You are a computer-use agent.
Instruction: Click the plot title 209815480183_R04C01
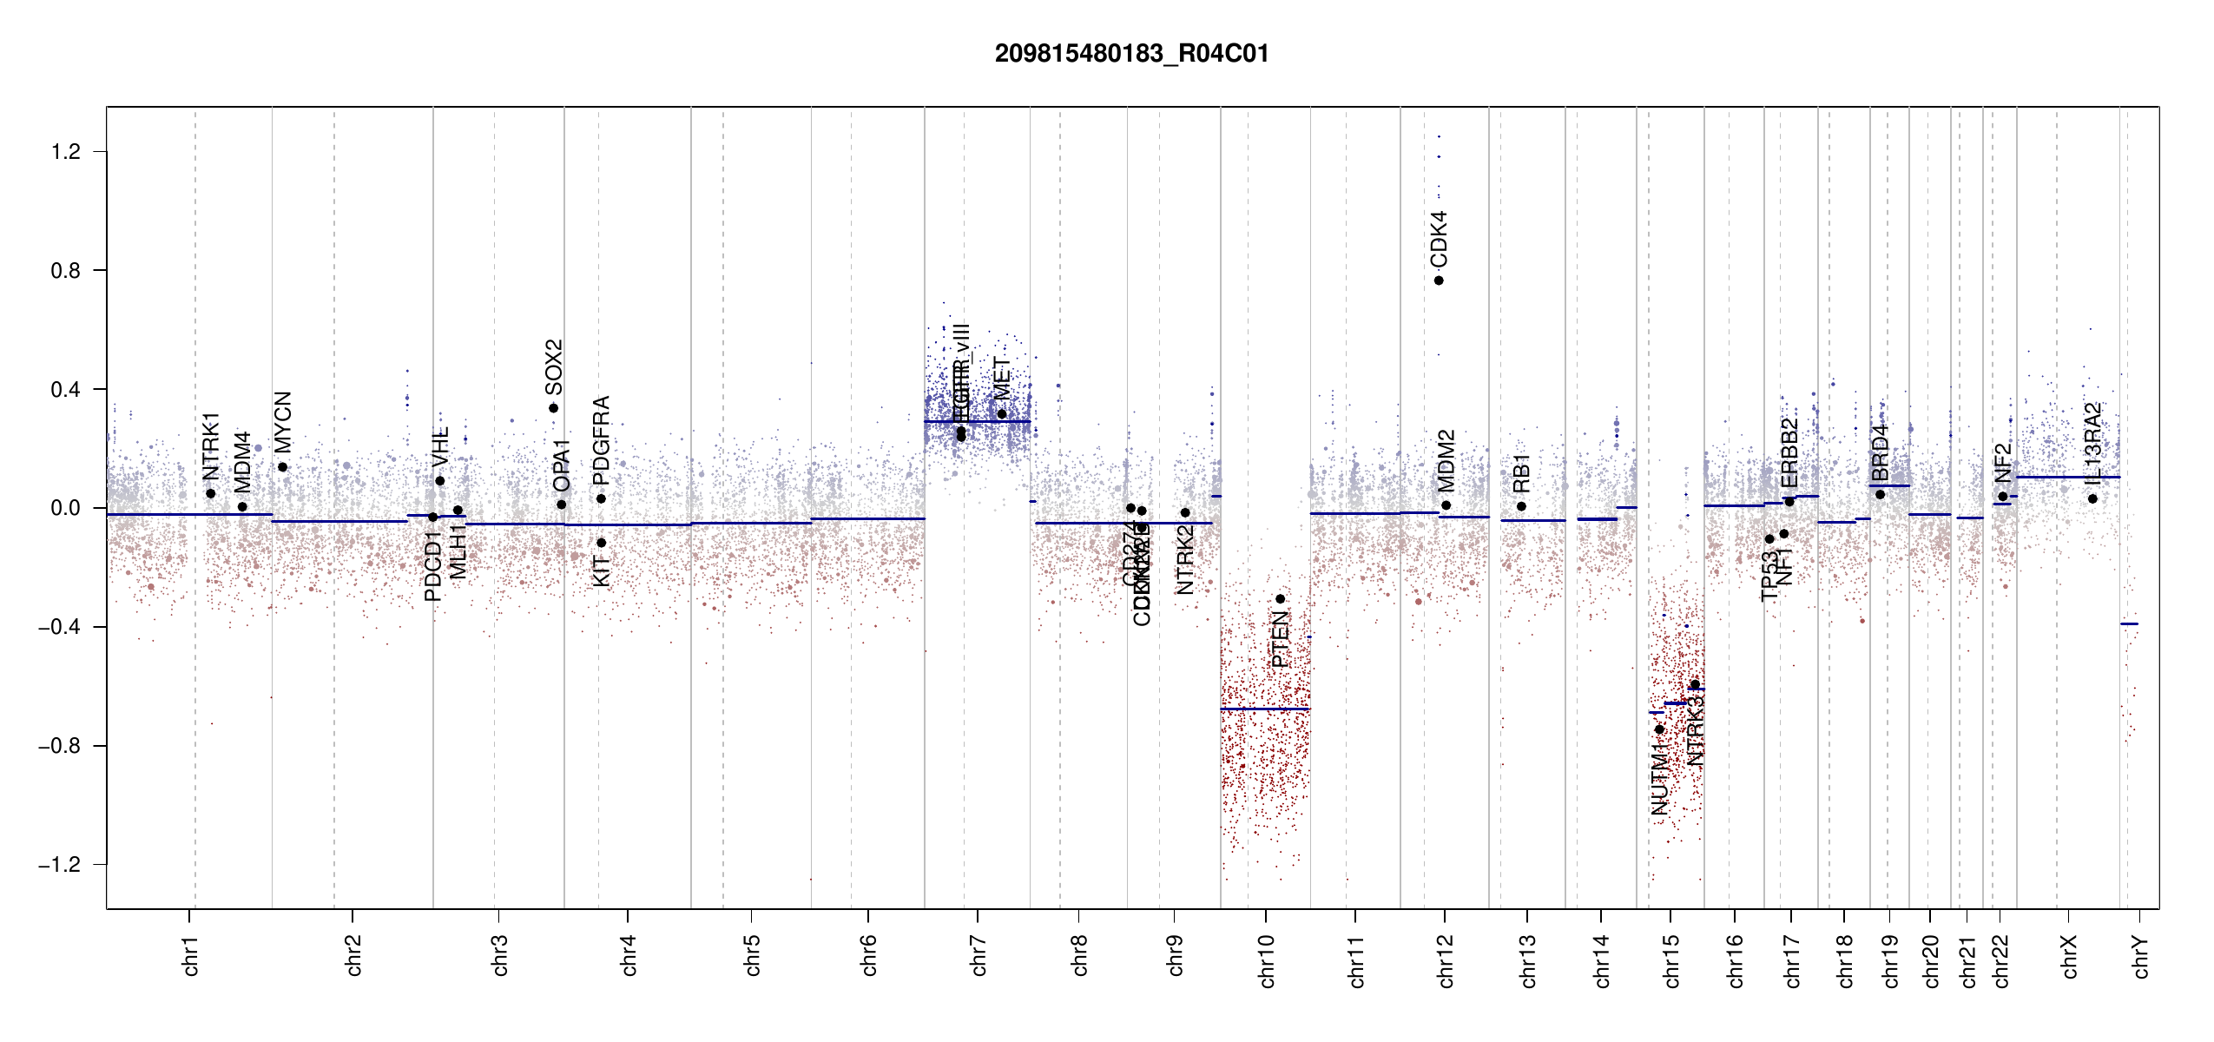[x=1131, y=54]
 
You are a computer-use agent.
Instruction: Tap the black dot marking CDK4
[x=1439, y=280]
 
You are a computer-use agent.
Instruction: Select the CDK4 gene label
[x=1439, y=239]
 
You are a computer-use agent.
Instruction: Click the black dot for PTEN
[x=1280, y=599]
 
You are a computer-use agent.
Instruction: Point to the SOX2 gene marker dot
[x=553, y=408]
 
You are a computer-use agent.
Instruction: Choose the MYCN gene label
[x=282, y=422]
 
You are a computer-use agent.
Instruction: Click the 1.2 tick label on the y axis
[x=65, y=152]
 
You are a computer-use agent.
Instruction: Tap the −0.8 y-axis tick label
[x=59, y=746]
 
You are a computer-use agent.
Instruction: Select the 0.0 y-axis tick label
[x=65, y=508]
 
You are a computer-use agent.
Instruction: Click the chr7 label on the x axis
[x=979, y=955]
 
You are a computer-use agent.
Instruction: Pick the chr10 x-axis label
[x=1267, y=961]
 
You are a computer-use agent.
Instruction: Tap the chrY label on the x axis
[x=2141, y=956]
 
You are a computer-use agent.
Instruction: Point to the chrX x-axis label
[x=2070, y=956]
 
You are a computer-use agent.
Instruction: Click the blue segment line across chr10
[x=1264, y=709]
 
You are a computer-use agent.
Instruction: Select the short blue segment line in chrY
[x=2129, y=623]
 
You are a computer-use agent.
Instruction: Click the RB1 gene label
[x=1521, y=473]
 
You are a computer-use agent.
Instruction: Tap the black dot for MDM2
[x=1446, y=505]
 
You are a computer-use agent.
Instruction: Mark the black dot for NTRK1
[x=210, y=493]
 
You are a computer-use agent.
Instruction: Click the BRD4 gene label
[x=1880, y=452]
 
